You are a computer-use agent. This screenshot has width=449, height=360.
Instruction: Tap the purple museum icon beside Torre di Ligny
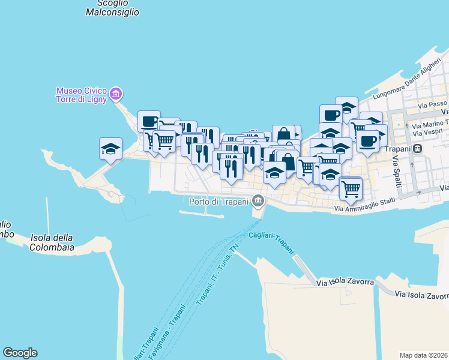pyautogui.click(x=116, y=94)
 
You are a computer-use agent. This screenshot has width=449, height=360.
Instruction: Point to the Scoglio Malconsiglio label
pyautogui.click(x=112, y=8)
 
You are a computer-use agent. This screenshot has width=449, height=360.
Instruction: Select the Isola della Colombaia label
pyautogui.click(x=52, y=242)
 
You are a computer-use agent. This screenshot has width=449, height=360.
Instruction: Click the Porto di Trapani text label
pyautogui.click(x=218, y=201)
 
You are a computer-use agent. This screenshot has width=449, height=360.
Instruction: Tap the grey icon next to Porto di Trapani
pyautogui.click(x=258, y=200)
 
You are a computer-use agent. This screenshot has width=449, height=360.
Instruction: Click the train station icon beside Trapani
pyautogui.click(x=417, y=149)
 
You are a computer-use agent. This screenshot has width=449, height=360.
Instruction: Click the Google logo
pyautogui.click(x=20, y=353)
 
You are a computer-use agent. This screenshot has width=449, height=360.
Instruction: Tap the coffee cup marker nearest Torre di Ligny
pyautogui.click(x=149, y=121)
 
